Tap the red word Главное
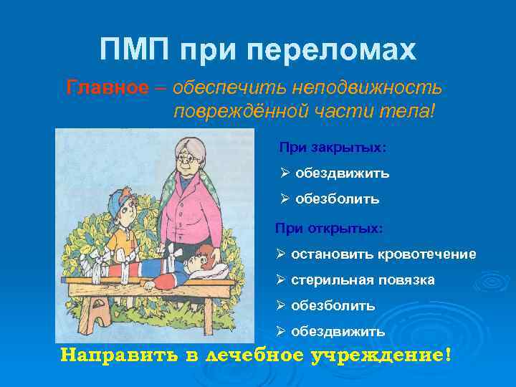pos(107,88)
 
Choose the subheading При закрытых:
pos(333,147)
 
